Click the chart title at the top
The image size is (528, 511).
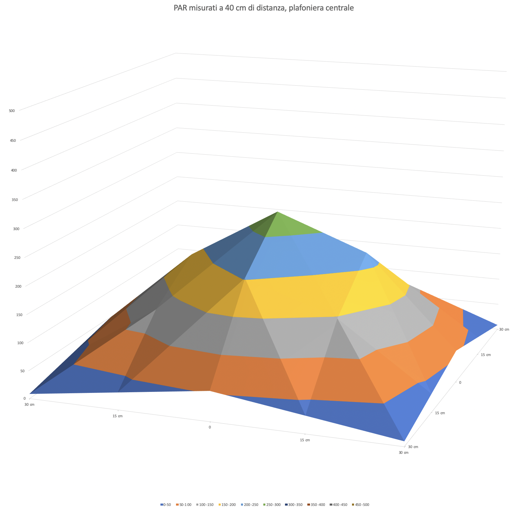pyautogui.click(x=264, y=8)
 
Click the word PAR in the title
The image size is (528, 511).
pyautogui.click(x=180, y=8)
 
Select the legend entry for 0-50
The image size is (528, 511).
pyautogui.click(x=166, y=505)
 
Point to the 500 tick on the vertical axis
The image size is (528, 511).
pyautogui.click(x=12, y=111)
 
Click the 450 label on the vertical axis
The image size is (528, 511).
pyautogui.click(x=13, y=140)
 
